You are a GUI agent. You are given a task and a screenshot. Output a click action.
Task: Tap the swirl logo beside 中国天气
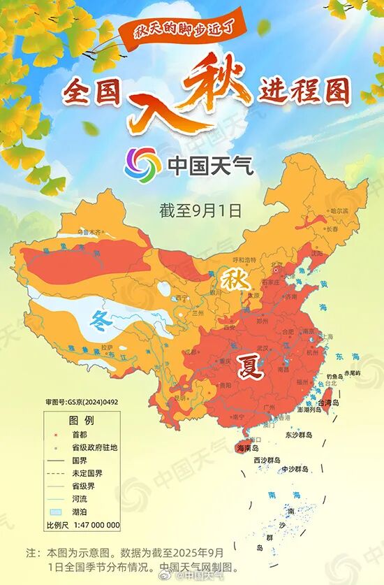(142, 164)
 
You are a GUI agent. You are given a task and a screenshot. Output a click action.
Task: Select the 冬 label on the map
(102, 321)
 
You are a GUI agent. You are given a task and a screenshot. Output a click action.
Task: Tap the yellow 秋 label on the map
(231, 278)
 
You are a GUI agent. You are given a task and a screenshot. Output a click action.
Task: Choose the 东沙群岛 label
(299, 435)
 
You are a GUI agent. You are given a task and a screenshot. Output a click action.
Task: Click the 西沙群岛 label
(267, 460)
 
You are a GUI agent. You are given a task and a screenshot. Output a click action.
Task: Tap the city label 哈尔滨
(339, 210)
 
